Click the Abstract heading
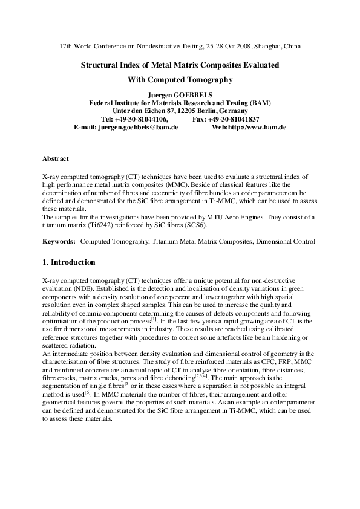[55, 158]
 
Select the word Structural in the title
[99, 63]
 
